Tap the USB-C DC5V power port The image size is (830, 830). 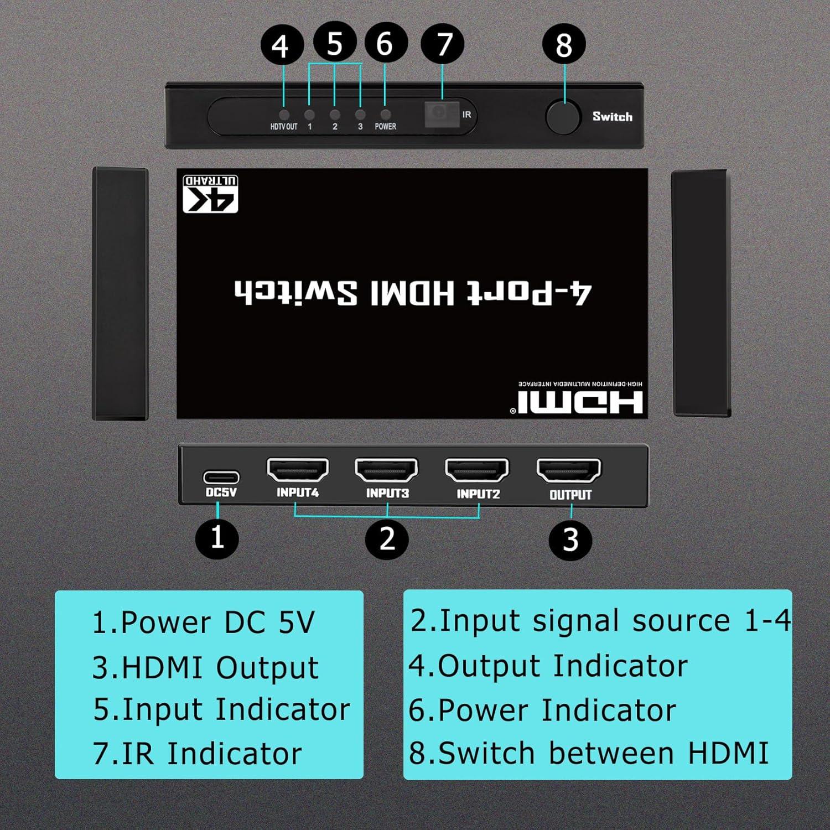pyautogui.click(x=221, y=476)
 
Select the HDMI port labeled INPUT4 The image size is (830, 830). pyautogui.click(x=298, y=470)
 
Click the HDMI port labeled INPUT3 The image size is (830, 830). pyautogui.click(x=386, y=471)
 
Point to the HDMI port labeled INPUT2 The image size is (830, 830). pyautogui.click(x=477, y=471)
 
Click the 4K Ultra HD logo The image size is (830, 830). pyautogui.click(x=211, y=194)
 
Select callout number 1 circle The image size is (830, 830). pyautogui.click(x=217, y=537)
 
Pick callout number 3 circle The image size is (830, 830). pyautogui.click(x=570, y=539)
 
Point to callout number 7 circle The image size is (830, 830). pyautogui.click(x=443, y=44)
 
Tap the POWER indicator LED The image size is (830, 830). pyautogui.click(x=386, y=115)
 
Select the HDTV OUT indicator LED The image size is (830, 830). pyautogui.click(x=284, y=115)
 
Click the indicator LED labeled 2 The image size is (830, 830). pyautogui.click(x=335, y=115)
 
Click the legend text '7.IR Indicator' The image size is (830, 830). pyautogui.click(x=197, y=753)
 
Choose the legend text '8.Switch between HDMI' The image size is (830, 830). pyautogui.click(x=589, y=753)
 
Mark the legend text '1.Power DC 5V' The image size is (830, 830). pyautogui.click(x=203, y=622)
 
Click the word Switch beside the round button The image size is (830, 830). pyautogui.click(x=612, y=117)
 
